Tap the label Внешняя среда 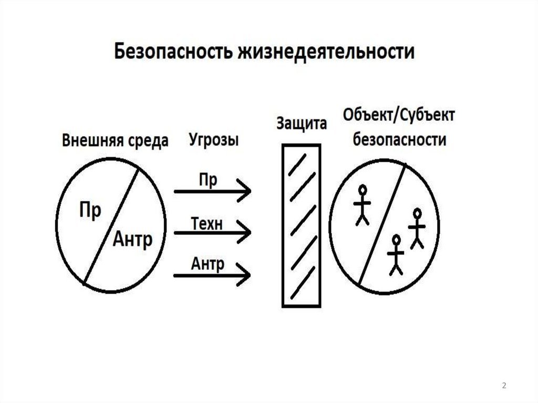tap(116, 141)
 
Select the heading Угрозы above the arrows tap(213, 140)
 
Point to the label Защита tap(301, 124)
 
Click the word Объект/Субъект tap(399, 115)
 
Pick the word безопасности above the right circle tap(400, 140)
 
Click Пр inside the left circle tap(89, 211)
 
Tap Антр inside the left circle tap(132, 241)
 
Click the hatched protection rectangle tap(301, 225)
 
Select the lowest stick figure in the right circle tap(396, 254)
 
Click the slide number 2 tap(504, 386)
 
